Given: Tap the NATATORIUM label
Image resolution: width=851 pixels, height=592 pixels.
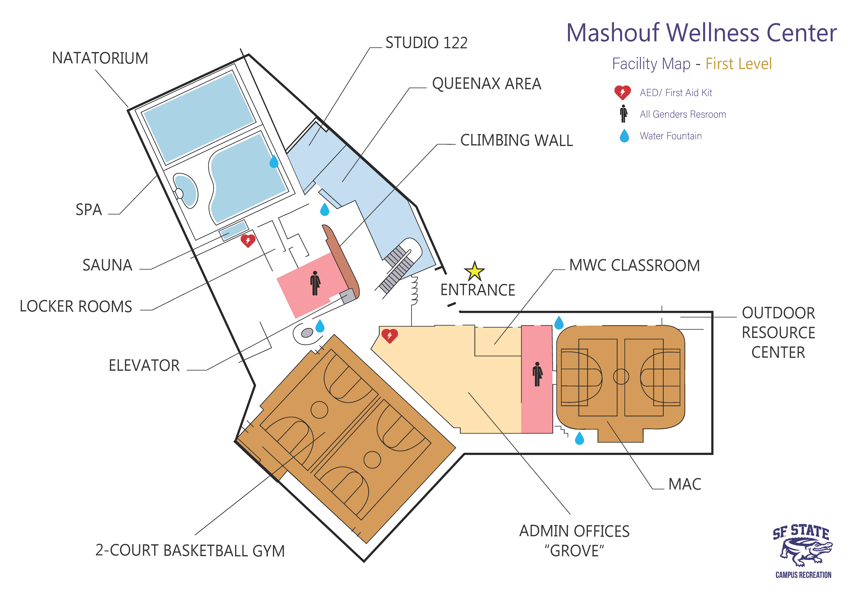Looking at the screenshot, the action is (100, 58).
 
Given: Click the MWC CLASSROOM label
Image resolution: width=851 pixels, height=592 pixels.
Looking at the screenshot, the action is (635, 265).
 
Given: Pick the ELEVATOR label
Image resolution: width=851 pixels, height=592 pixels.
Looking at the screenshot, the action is (144, 366).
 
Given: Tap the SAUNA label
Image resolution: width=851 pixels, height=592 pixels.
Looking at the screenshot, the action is (108, 265).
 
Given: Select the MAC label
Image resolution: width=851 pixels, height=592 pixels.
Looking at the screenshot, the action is (685, 484).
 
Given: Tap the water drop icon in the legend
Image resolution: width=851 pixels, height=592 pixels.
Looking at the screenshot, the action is (625, 136).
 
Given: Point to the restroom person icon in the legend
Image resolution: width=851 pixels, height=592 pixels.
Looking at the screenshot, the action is (624, 114).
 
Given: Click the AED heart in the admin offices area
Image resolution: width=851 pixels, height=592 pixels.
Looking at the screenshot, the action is (389, 336).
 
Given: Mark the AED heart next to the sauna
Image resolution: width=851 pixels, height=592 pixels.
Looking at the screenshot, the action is (248, 241).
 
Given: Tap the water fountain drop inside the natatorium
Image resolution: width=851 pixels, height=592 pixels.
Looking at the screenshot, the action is (274, 162).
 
